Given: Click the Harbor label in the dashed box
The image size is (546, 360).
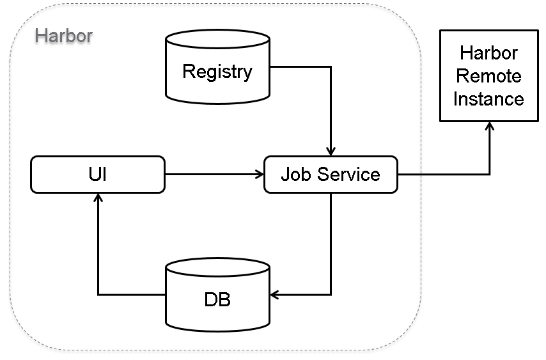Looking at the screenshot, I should tap(63, 35).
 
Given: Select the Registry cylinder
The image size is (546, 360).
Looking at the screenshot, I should tap(217, 67).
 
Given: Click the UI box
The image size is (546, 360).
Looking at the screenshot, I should tap(97, 175).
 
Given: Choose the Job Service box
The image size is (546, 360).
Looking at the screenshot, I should tap(331, 175).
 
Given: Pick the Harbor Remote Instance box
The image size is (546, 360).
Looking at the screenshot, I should tap(488, 76).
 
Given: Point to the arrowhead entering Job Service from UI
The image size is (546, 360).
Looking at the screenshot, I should tap(260, 174).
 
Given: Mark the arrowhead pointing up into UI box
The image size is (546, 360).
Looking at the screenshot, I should tap(98, 198).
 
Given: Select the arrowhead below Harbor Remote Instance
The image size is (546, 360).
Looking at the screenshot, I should tap(489, 126).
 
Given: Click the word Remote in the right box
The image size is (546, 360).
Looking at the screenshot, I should tap(488, 76).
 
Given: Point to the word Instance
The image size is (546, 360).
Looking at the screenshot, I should tap(488, 99).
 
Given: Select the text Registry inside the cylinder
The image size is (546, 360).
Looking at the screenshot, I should tap(217, 71).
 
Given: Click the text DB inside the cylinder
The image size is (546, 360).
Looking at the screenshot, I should tap(217, 299).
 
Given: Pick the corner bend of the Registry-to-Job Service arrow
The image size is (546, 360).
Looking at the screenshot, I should tap(331, 65).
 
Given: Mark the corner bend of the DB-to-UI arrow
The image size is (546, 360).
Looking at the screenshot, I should tap(98, 295).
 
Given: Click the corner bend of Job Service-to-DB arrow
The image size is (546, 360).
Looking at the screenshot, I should tap(331, 295).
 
